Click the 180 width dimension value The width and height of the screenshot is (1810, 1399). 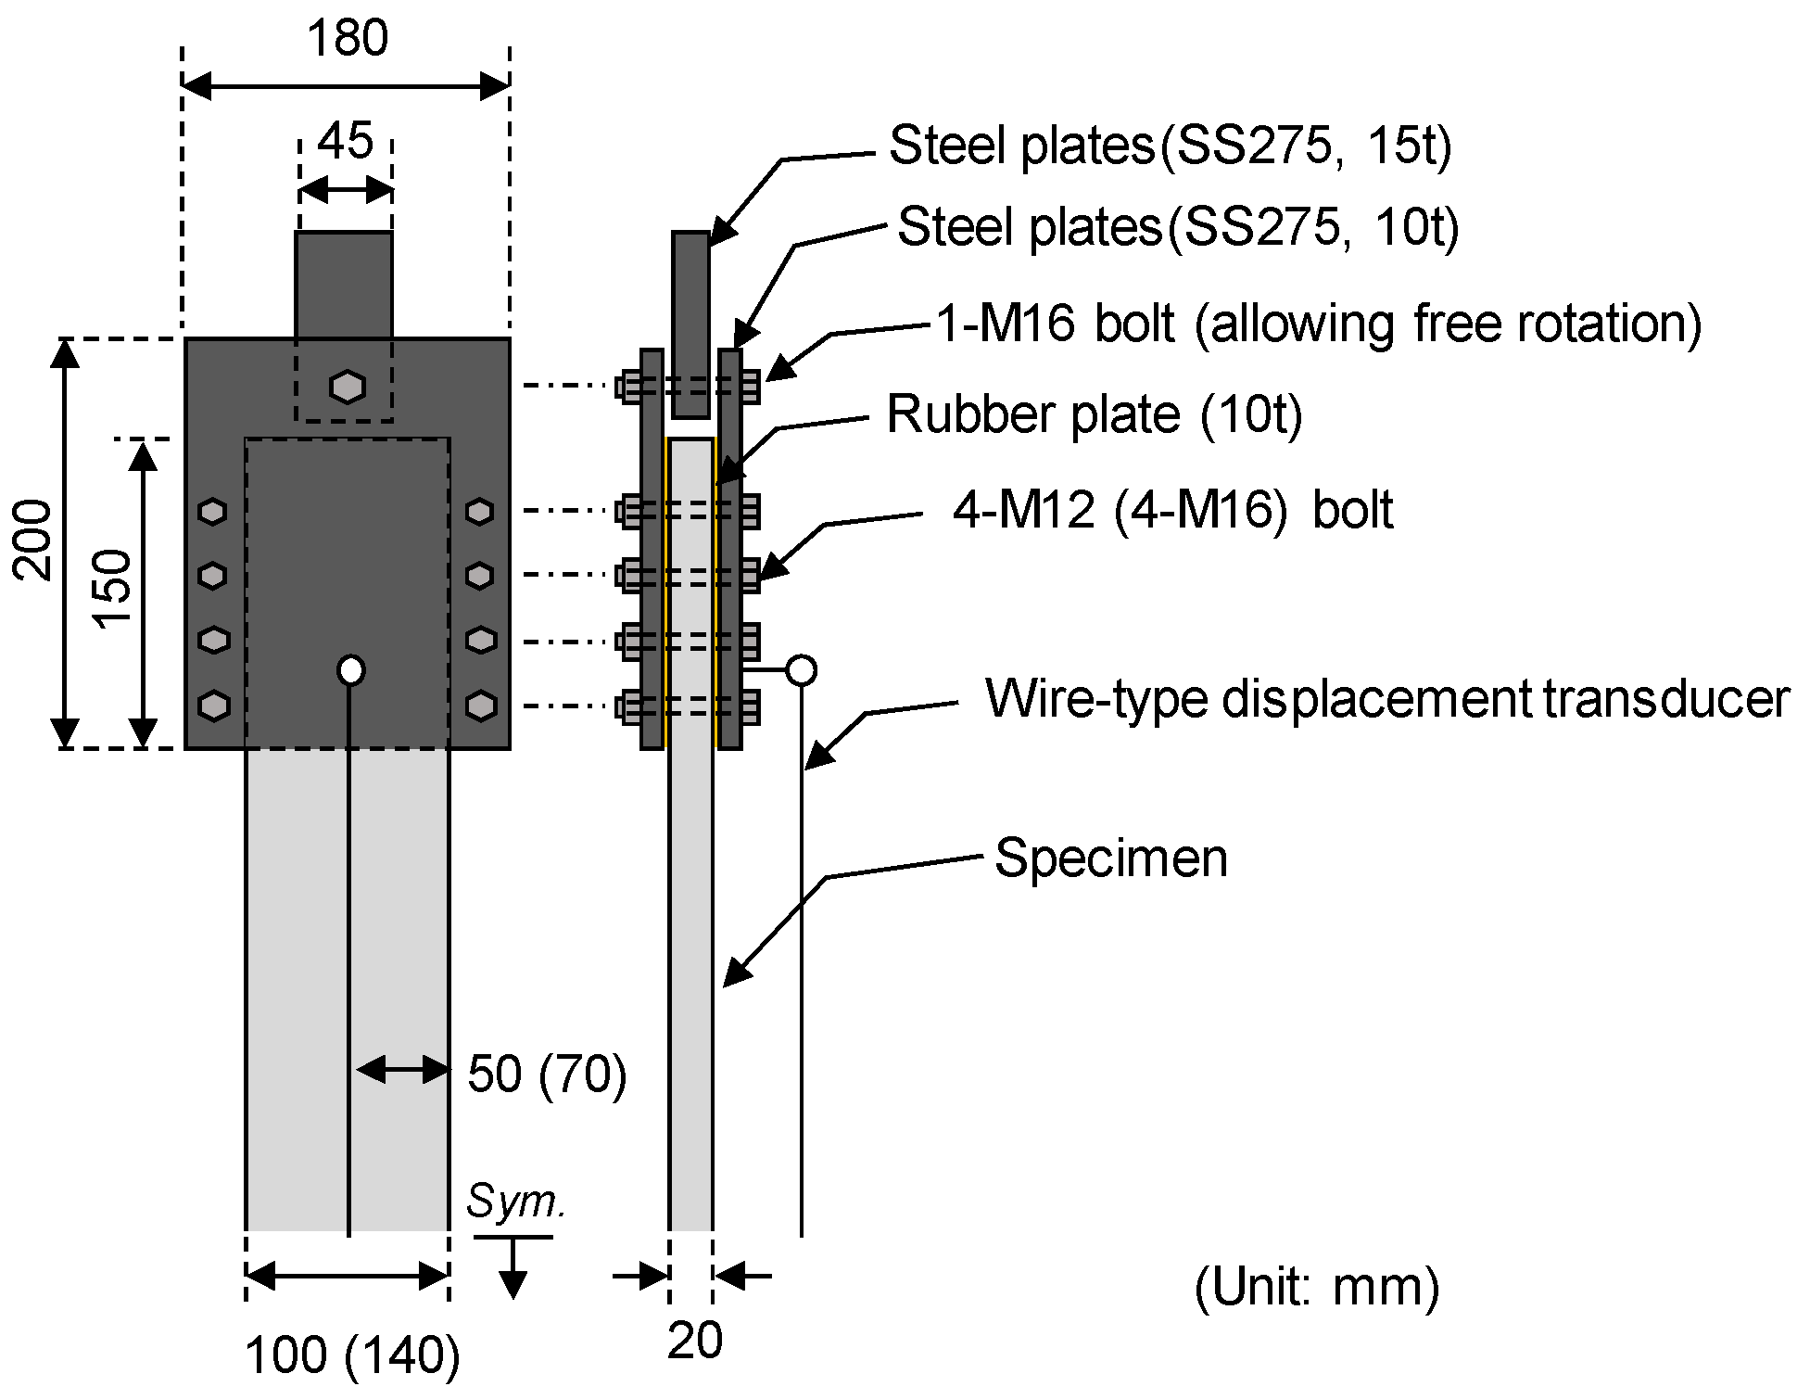click(x=347, y=40)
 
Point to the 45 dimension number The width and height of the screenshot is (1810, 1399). click(x=345, y=142)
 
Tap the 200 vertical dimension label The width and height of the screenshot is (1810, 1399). click(x=33, y=540)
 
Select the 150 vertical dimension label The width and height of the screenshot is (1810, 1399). click(x=114, y=589)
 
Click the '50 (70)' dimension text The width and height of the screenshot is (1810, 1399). click(x=547, y=1075)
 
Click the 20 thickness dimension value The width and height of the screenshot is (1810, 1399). click(x=694, y=1341)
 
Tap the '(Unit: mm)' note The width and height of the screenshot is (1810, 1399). click(x=1317, y=1287)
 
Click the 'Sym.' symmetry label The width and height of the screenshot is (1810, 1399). click(x=515, y=1202)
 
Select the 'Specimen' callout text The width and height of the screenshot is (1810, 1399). click(x=1111, y=858)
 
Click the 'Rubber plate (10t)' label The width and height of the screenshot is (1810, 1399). click(x=1095, y=414)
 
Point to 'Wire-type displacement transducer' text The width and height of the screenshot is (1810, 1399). click(x=1386, y=699)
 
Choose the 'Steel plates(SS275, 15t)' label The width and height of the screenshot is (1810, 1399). click(x=1170, y=146)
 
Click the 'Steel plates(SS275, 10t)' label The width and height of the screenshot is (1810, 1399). click(x=1178, y=227)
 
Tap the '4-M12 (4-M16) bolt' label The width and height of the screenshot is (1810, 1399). click(x=1172, y=510)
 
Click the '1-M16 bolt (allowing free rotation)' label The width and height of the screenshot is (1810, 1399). click(x=1319, y=324)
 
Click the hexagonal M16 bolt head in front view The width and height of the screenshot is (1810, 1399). click(x=348, y=387)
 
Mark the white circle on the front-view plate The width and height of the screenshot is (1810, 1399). click(x=351, y=669)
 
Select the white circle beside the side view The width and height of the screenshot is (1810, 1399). click(x=801, y=669)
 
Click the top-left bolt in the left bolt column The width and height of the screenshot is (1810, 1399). click(x=213, y=512)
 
